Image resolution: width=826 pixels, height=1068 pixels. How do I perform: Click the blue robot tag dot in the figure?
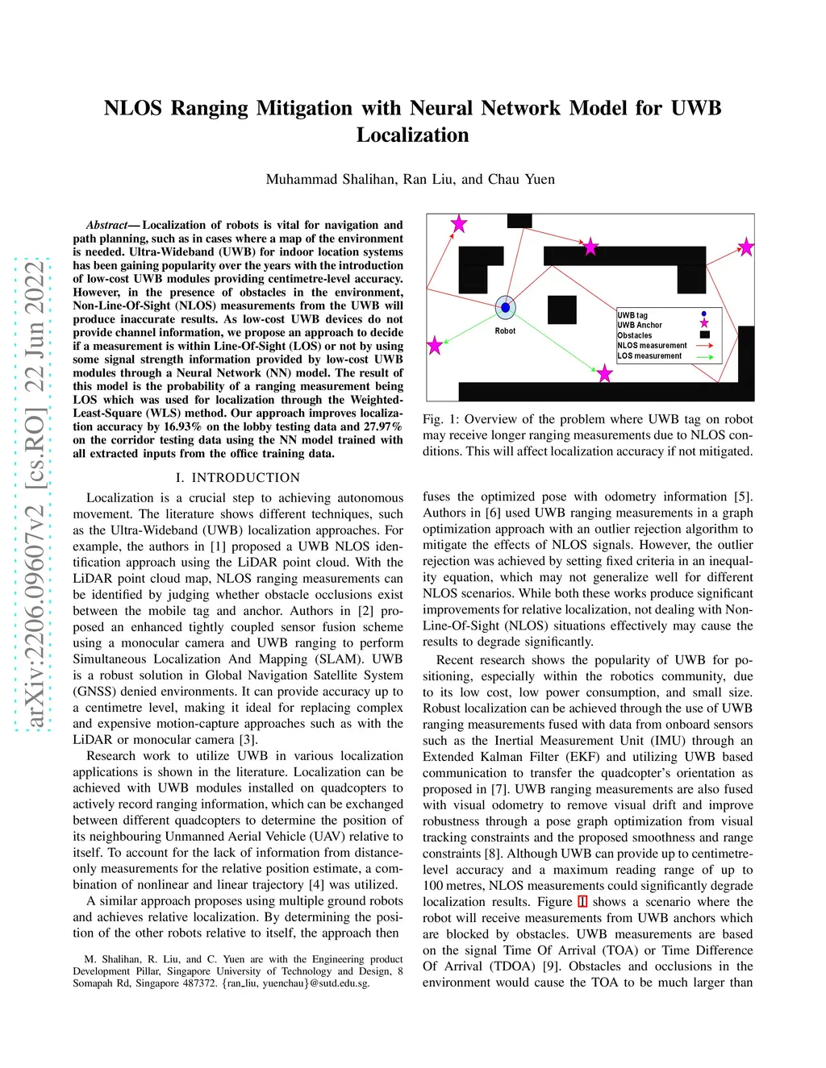pos(506,307)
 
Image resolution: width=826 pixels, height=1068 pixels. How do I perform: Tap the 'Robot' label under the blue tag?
pos(505,331)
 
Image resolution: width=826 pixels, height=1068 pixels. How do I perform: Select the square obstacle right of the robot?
pos(561,310)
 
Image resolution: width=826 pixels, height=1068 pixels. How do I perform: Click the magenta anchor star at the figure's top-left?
pos(458,224)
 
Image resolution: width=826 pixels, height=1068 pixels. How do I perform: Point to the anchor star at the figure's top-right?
pos(746,247)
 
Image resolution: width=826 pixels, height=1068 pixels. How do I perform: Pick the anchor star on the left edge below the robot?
pos(435,346)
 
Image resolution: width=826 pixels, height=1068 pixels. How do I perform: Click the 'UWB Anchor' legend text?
pos(640,326)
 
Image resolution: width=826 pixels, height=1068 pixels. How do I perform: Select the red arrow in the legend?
pos(704,346)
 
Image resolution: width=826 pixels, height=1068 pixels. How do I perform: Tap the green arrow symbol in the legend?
pos(704,356)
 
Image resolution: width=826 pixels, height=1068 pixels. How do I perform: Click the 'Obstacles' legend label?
pos(635,335)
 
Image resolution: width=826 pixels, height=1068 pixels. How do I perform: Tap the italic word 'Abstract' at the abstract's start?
pos(107,225)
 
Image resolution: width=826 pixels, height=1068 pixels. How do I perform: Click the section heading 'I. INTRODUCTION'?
pos(238,477)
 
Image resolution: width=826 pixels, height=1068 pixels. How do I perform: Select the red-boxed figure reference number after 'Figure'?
pos(582,902)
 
